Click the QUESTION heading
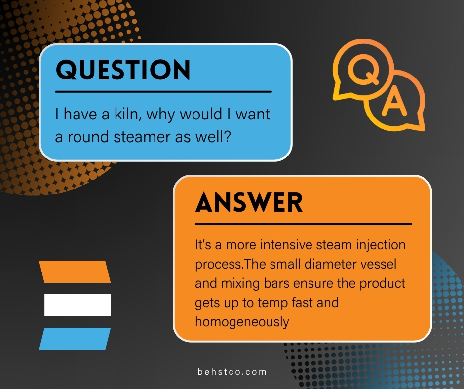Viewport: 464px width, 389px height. [x=123, y=70]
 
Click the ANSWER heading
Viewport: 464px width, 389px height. [x=249, y=202]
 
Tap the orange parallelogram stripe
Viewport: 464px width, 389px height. [x=75, y=272]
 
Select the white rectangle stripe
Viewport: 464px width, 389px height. [x=77, y=305]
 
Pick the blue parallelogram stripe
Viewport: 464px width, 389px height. [x=75, y=339]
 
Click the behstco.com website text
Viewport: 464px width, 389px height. [x=232, y=372]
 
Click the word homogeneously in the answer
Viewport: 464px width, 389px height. [x=242, y=322]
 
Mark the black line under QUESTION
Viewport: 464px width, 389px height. [x=163, y=91]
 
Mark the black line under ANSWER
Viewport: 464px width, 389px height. [x=303, y=224]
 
